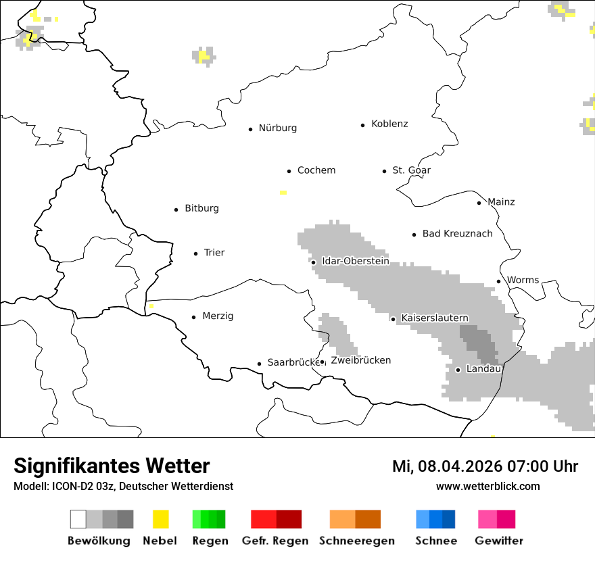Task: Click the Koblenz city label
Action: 389,124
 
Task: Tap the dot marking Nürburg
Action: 250,129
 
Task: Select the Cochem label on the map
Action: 316,170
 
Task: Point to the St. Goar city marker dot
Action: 384,171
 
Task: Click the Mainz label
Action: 501,202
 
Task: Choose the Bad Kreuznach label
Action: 457,234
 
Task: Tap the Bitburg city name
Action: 201,209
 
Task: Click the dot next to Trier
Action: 195,253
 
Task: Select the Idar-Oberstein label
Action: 355,261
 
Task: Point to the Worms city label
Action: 523,280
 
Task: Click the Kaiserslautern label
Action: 434,318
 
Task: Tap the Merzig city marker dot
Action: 193,317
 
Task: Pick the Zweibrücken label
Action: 360,361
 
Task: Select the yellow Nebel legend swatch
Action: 160,519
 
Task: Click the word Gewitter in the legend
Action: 498,541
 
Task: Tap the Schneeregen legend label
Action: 356,541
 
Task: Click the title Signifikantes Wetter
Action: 112,466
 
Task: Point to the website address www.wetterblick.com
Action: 487,487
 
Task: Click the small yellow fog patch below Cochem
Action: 283,193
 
